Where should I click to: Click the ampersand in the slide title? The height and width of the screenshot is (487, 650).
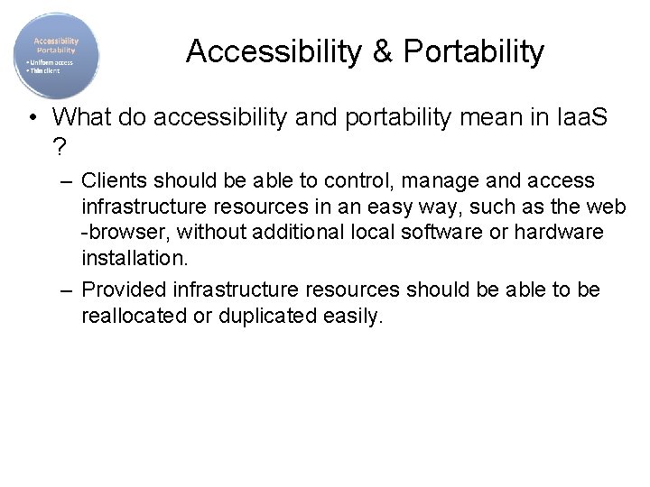pyautogui.click(x=380, y=52)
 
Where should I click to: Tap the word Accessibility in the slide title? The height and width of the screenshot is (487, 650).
pyautogui.click(x=274, y=52)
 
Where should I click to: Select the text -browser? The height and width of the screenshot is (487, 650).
pyautogui.click(x=125, y=233)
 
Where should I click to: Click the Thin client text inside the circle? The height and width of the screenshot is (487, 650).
pyautogui.click(x=42, y=69)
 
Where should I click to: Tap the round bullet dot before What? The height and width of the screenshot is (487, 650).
pyautogui.click(x=32, y=117)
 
